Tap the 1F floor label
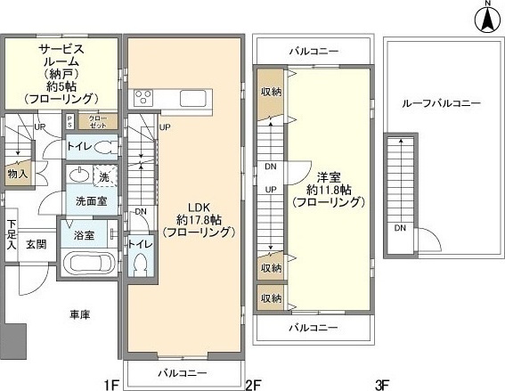(111, 385)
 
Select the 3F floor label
(382, 385)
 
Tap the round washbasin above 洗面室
(77, 174)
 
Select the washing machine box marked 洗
(102, 177)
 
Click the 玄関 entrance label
(37, 243)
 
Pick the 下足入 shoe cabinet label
(12, 234)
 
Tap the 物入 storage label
(18, 173)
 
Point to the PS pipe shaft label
(70, 121)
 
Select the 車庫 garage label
(78, 314)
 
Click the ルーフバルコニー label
(443, 103)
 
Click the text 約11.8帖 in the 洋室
(329, 189)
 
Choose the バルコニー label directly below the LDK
(183, 371)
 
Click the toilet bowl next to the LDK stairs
(141, 265)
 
